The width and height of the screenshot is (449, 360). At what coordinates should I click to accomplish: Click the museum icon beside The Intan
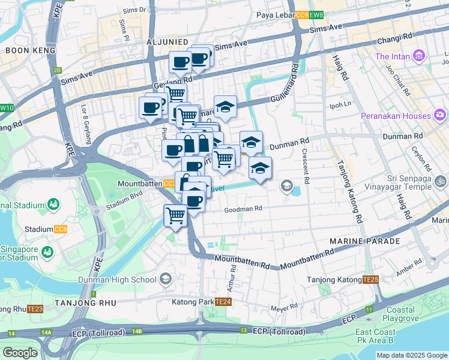point(419,57)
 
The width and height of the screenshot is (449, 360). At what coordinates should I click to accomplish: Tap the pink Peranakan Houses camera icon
point(441,115)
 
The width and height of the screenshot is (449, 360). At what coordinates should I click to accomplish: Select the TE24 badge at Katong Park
point(223,302)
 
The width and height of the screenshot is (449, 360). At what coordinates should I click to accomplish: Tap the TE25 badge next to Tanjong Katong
point(370,280)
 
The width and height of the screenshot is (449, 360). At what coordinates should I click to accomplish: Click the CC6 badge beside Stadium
point(61,229)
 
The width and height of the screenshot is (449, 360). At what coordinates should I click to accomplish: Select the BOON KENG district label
point(30,50)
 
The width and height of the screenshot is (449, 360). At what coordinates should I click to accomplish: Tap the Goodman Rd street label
point(244,209)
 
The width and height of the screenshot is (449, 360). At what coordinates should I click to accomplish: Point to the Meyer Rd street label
point(285,307)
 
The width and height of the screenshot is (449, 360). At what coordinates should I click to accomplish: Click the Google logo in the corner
point(20,353)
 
